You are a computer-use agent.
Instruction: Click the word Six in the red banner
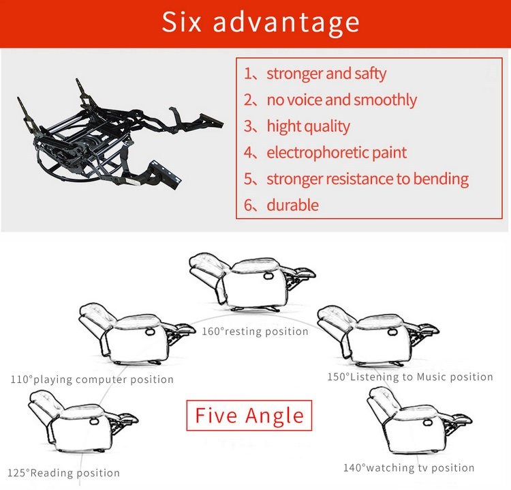click(181, 22)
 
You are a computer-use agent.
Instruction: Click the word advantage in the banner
click(286, 23)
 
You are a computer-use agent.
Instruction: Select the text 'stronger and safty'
click(326, 74)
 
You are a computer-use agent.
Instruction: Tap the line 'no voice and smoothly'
click(341, 100)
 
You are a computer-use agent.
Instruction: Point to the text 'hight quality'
click(308, 127)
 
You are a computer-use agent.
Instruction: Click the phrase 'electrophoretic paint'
click(337, 153)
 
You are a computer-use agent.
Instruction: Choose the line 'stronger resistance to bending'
click(368, 179)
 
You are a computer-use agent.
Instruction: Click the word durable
click(293, 205)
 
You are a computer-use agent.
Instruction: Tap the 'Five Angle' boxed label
click(249, 415)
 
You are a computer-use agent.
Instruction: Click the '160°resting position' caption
click(255, 332)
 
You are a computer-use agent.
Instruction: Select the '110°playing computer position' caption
click(92, 379)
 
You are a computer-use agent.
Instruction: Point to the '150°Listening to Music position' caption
click(410, 377)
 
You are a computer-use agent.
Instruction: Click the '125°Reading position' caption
click(63, 473)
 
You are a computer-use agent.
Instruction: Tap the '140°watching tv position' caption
click(409, 467)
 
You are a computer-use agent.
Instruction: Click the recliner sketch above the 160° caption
click(252, 282)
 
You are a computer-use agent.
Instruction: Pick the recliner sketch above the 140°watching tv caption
click(419, 420)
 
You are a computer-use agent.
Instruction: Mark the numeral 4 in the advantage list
click(248, 152)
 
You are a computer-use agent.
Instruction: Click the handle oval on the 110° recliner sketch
click(151, 332)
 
